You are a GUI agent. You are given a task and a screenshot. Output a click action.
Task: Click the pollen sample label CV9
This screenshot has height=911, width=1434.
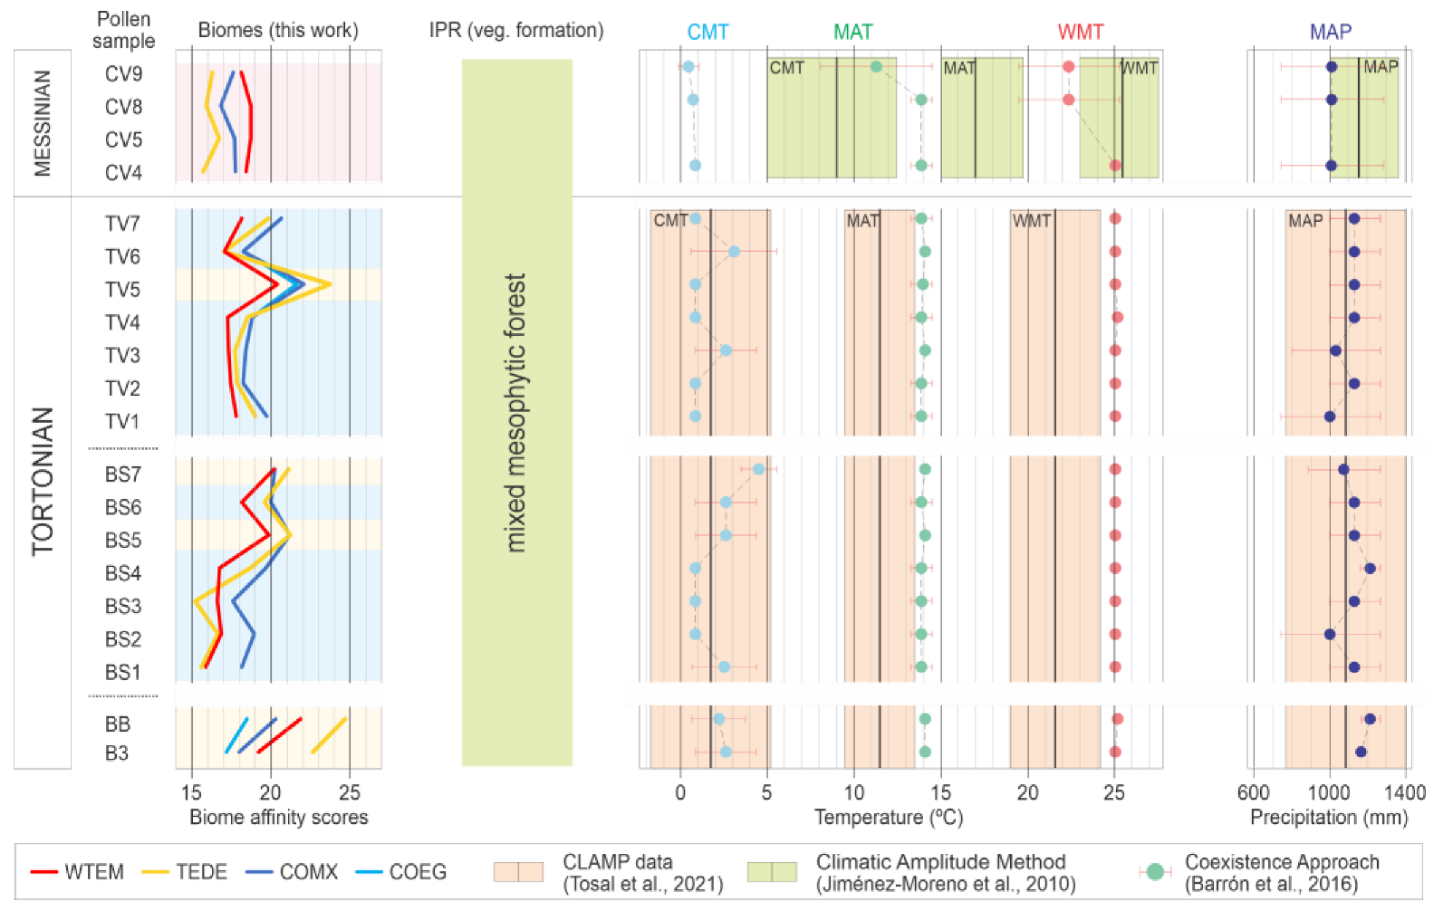click(x=123, y=73)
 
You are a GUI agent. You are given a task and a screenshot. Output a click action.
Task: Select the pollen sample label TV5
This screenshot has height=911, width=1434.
click(x=122, y=290)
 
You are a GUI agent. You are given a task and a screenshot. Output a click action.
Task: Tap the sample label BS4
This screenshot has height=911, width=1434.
click(x=123, y=573)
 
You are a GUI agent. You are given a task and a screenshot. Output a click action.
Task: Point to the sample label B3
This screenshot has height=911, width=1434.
click(x=117, y=753)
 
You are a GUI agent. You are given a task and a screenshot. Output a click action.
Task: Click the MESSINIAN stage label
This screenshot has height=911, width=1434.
click(x=42, y=123)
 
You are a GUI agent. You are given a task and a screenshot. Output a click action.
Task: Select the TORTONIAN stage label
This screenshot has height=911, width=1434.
click(x=43, y=481)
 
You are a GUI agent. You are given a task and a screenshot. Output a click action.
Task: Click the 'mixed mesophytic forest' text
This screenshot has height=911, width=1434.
click(x=515, y=413)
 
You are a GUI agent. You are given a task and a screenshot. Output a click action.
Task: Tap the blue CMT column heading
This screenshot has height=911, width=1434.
click(x=707, y=33)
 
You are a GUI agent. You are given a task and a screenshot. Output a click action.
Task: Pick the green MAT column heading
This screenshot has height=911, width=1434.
click(x=852, y=33)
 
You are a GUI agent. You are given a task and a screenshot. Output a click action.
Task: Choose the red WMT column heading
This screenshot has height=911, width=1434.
click(x=1081, y=33)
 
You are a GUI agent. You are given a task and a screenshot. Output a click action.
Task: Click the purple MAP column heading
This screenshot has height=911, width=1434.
click(x=1330, y=33)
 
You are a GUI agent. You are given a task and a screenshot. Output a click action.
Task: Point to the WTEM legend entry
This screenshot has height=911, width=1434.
click(x=77, y=872)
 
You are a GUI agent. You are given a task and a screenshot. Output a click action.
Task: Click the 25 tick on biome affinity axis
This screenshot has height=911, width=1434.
click(x=350, y=793)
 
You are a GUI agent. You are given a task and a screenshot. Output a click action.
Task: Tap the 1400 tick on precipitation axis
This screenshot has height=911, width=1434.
click(x=1406, y=793)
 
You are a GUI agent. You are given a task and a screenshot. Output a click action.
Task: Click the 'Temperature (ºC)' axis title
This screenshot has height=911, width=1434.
click(x=888, y=818)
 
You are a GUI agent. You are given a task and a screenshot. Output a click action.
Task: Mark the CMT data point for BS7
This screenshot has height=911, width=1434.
click(x=758, y=469)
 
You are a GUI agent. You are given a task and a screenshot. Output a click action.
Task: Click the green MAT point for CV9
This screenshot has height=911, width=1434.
click(x=876, y=66)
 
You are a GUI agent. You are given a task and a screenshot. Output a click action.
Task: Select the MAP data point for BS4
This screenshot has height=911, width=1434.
click(x=1370, y=569)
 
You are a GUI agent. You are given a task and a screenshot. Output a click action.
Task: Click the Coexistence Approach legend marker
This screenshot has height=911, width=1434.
click(x=1155, y=872)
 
